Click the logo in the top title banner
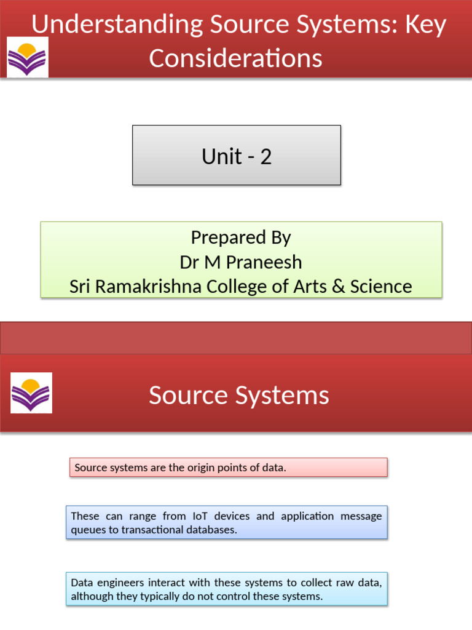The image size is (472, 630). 27,57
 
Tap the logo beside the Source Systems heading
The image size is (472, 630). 31,393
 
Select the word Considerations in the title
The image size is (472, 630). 235,58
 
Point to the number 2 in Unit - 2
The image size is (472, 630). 265,156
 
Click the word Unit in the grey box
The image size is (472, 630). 222,156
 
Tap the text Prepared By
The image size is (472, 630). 241,237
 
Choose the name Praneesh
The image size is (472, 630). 264,262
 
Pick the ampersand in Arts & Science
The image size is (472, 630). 338,286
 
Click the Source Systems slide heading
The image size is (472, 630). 238,396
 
